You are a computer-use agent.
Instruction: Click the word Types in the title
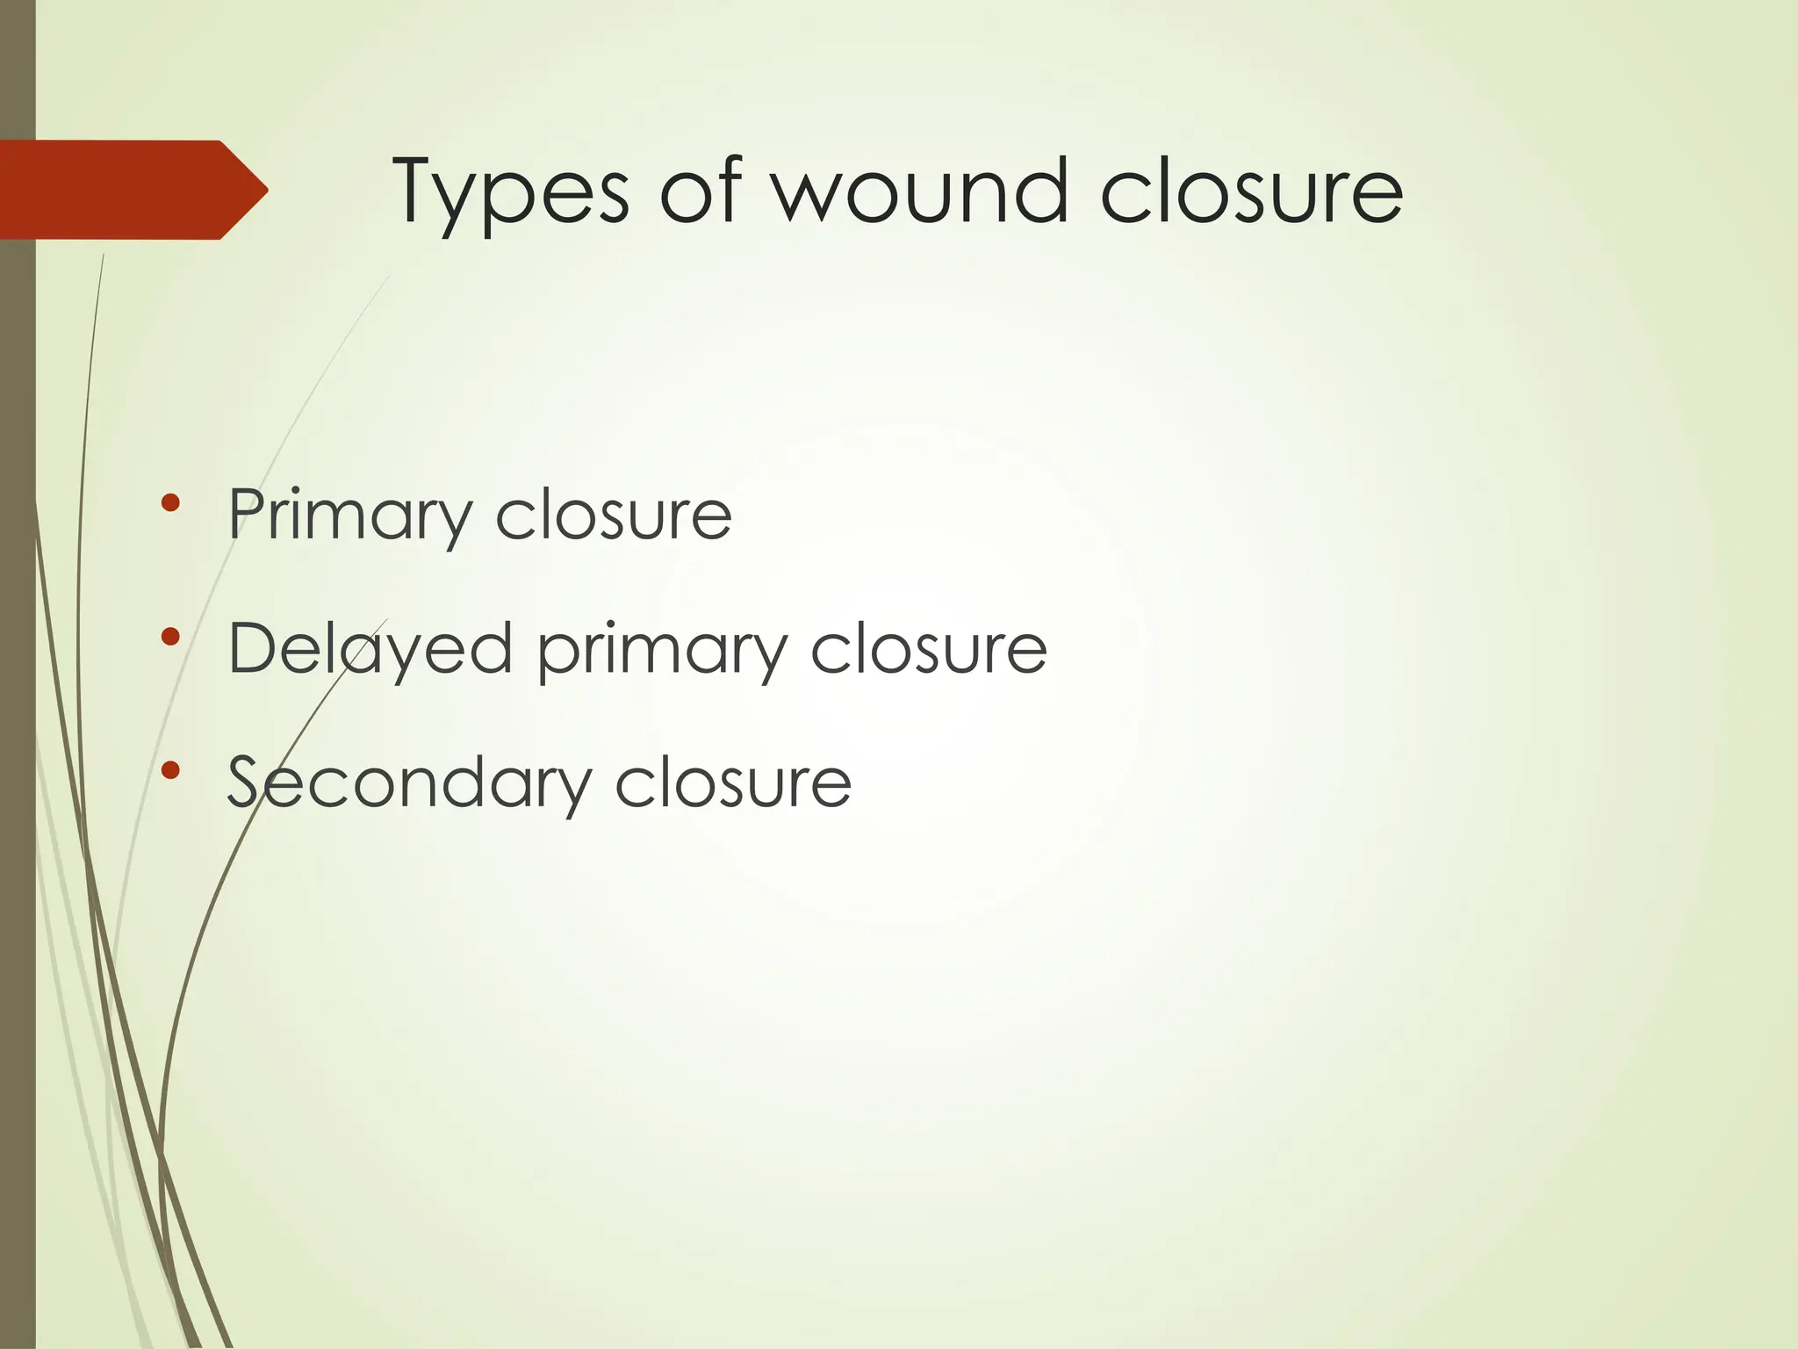[x=510, y=193]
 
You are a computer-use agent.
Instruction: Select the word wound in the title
[x=920, y=190]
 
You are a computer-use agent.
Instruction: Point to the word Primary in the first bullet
[x=349, y=517]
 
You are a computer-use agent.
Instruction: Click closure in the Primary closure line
[x=614, y=516]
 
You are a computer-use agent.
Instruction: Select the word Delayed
[x=370, y=650]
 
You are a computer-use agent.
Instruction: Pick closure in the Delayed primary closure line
[x=929, y=650]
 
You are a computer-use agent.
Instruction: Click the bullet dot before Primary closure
[x=170, y=503]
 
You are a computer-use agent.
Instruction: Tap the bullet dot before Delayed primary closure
[x=170, y=637]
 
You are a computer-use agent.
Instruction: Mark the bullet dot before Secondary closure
[x=170, y=770]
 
